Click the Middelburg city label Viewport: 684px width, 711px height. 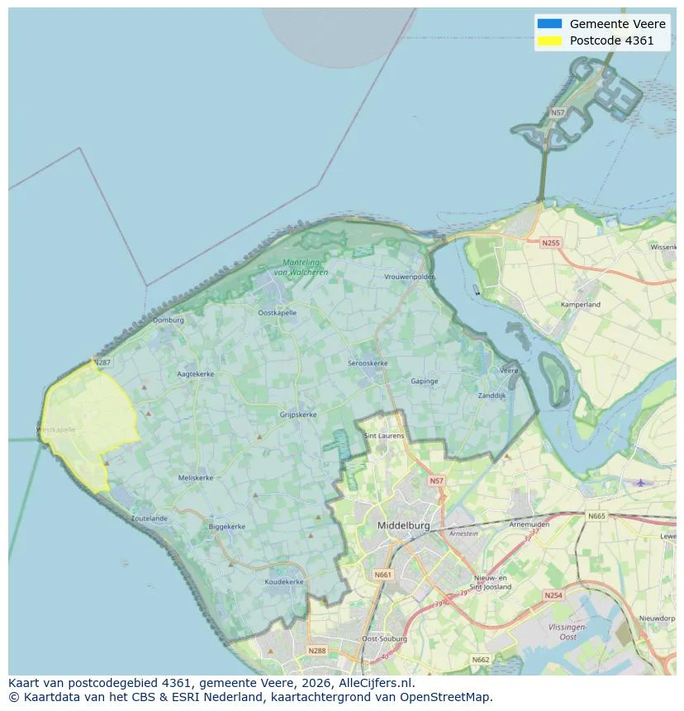[x=404, y=525]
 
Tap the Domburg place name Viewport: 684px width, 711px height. [x=168, y=320]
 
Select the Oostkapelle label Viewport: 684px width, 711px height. [x=277, y=313]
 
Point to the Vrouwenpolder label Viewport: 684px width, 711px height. [x=409, y=277]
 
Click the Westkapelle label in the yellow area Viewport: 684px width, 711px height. [x=56, y=429]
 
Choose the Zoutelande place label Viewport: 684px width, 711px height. [x=149, y=519]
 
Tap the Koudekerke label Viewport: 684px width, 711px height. [x=284, y=581]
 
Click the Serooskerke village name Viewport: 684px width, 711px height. [x=368, y=363]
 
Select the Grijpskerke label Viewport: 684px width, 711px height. [x=298, y=415]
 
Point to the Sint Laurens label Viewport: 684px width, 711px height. [x=384, y=434]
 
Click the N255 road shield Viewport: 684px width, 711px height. [x=550, y=243]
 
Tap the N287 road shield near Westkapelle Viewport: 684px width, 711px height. [x=102, y=363]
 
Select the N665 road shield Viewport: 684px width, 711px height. [x=596, y=516]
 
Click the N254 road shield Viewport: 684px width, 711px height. [x=553, y=595]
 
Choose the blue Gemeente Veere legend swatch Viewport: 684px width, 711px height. [x=549, y=24]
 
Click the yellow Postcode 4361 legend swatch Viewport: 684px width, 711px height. [x=549, y=40]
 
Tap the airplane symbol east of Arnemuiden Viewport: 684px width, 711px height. [x=639, y=482]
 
